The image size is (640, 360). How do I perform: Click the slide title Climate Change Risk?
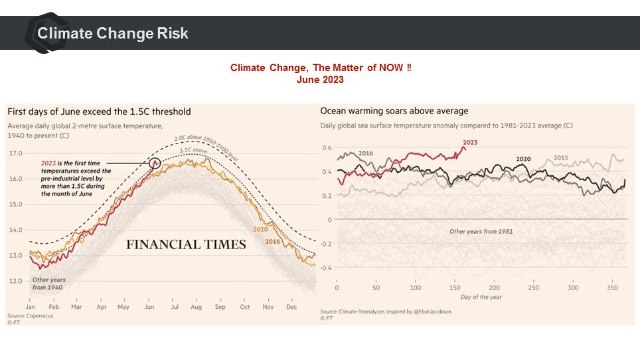click(x=113, y=33)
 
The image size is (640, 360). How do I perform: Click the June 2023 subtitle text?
click(x=320, y=80)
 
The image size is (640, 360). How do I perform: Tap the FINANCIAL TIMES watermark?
click(x=186, y=244)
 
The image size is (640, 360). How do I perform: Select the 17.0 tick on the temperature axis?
click(x=15, y=153)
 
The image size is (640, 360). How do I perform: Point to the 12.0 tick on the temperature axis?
click(x=15, y=281)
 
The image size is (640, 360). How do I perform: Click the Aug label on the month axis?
click(x=196, y=308)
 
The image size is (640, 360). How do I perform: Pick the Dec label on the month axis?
click(x=291, y=308)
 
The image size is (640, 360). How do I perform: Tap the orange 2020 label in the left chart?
click(x=260, y=230)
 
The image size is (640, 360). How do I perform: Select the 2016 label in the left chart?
click(x=272, y=242)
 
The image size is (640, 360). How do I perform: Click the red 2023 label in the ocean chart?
click(x=469, y=143)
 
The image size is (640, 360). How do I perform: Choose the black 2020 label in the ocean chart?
click(x=524, y=159)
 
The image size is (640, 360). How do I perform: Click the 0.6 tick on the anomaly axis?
click(x=327, y=147)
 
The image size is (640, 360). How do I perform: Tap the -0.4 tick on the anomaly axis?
click(x=325, y=268)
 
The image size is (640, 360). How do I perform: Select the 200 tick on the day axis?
click(x=494, y=288)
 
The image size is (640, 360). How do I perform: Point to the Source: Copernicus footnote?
click(x=29, y=315)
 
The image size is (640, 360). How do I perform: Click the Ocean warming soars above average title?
click(x=394, y=111)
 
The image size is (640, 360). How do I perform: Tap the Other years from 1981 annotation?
click(x=481, y=231)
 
